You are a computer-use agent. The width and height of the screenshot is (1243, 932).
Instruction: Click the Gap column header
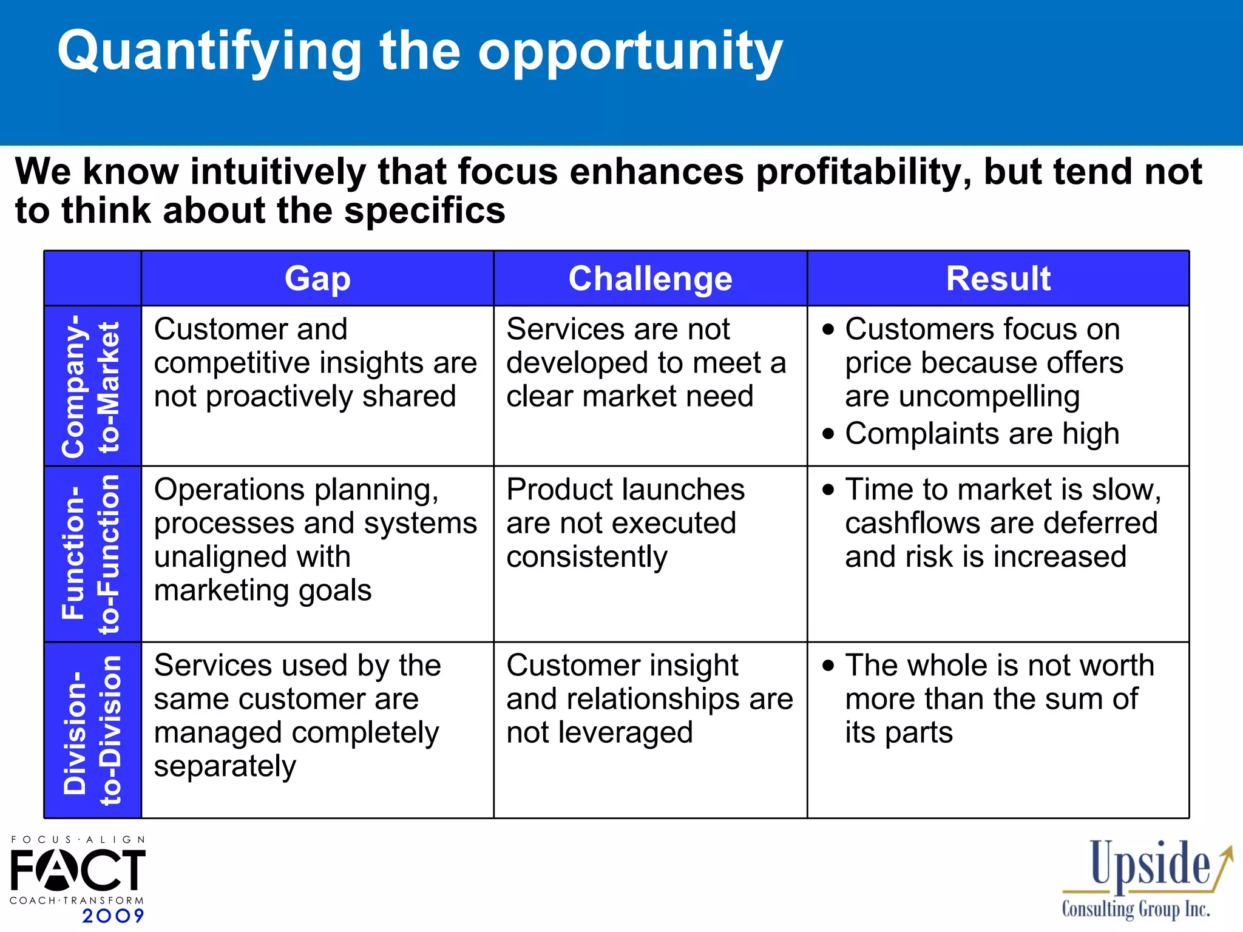coord(317,279)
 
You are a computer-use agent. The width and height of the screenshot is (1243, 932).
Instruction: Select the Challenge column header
coord(650,279)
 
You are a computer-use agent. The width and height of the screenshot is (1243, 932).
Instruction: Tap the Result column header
coord(998,279)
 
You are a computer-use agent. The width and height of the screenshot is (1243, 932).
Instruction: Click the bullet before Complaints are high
coord(828,434)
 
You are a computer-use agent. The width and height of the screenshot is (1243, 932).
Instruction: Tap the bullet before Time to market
coord(828,490)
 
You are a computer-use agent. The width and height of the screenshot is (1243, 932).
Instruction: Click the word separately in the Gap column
coord(225,766)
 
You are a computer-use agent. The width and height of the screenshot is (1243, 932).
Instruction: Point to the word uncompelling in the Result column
coord(962,396)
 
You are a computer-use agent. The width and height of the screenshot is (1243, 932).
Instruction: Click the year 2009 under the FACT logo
coord(113,916)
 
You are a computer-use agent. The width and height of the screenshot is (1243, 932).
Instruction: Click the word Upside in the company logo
coord(1149,864)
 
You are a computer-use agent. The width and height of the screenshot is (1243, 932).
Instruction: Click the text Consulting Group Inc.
coord(1136,910)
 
